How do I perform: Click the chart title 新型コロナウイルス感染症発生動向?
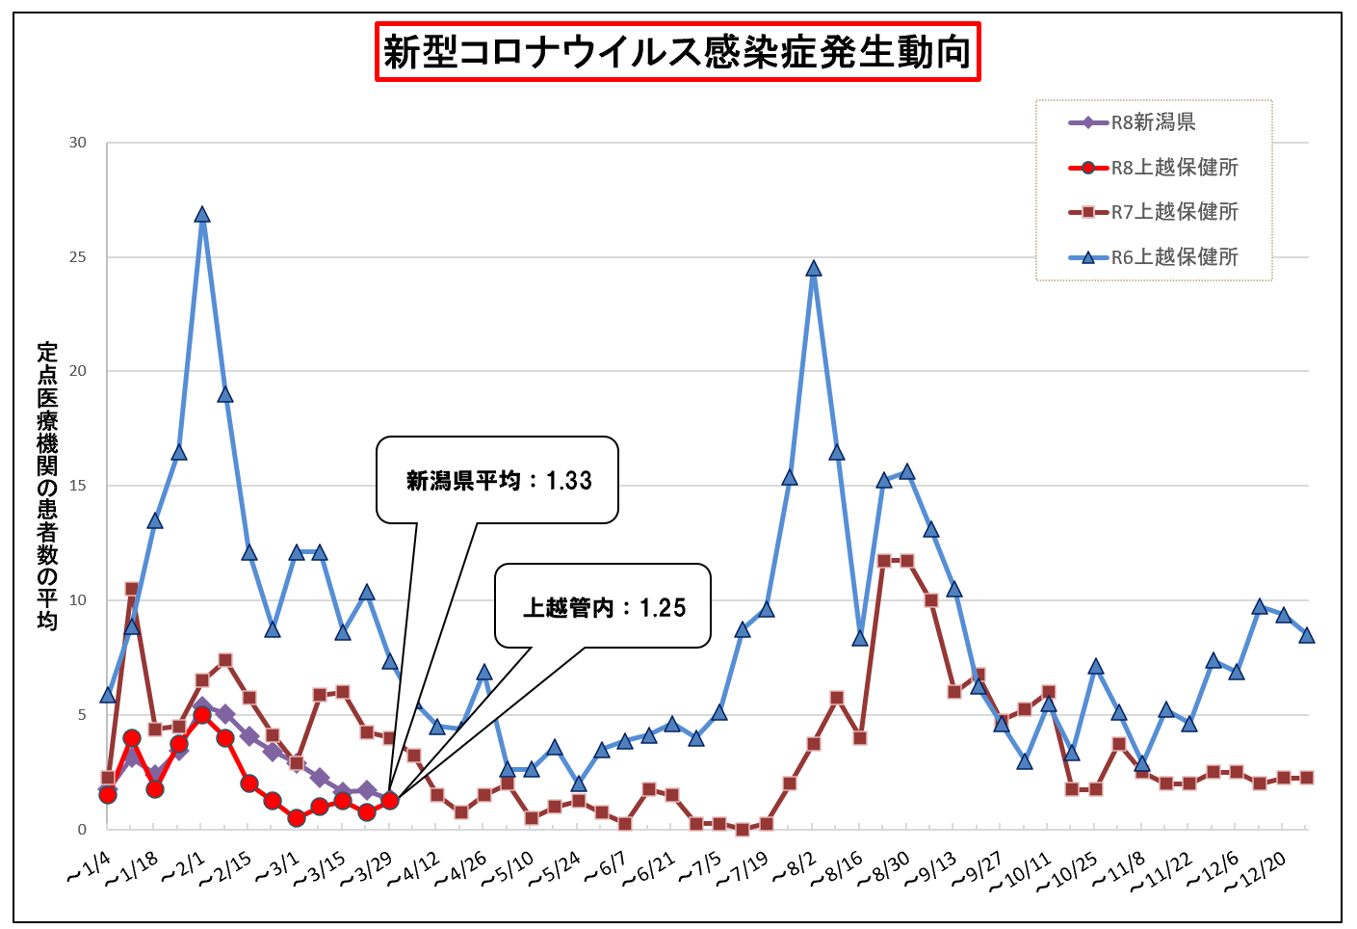point(677,52)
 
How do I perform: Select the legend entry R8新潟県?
point(1153,122)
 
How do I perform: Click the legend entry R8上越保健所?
point(1174,168)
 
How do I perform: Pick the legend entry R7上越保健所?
point(1174,212)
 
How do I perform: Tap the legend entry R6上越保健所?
point(1174,257)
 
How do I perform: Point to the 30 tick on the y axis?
point(77,143)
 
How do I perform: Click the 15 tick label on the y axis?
point(77,486)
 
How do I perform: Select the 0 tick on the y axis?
point(82,829)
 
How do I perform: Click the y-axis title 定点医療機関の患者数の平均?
point(47,486)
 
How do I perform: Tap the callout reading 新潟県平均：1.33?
point(497,480)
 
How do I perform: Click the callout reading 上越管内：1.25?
point(603,607)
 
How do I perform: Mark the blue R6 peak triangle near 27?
point(202,215)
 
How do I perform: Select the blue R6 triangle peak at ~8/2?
point(814,269)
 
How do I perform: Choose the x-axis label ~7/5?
point(700,868)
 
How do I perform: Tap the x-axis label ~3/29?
point(368,870)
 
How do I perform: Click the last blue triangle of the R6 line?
point(1307,635)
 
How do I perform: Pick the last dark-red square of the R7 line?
point(1307,778)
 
